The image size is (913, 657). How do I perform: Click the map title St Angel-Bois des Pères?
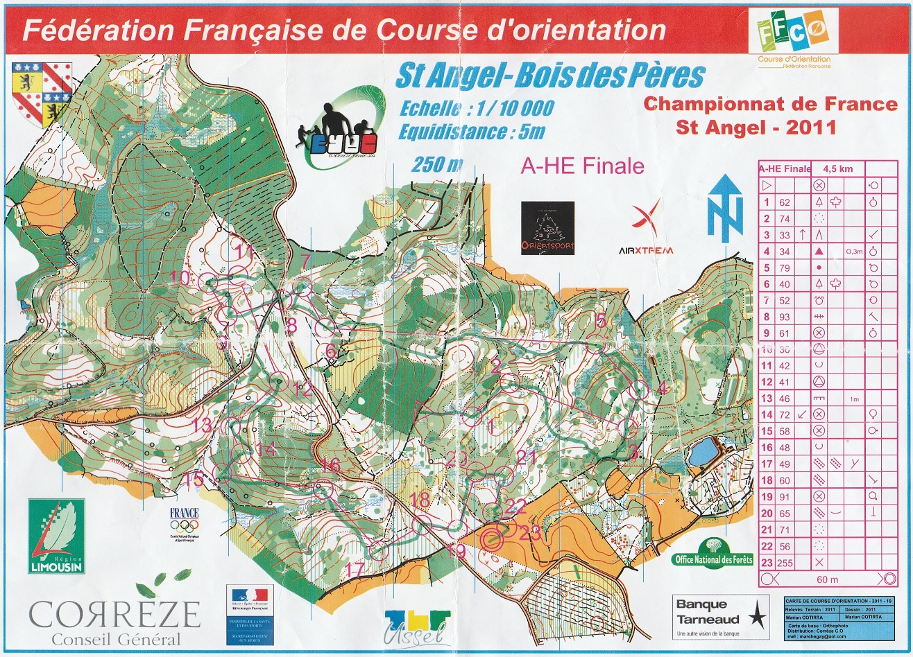coord(549,76)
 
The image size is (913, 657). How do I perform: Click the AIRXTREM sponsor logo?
coord(645,229)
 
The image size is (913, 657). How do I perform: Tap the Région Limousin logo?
coord(56,534)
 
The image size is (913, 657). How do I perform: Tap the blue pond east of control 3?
coord(703,452)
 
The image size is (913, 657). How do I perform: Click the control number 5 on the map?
coord(601,319)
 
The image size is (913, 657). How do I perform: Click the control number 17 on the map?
coord(354,570)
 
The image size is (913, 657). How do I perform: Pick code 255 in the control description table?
coord(785,563)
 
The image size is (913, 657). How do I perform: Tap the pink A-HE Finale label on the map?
coord(582,166)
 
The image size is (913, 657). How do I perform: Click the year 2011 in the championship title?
coord(808,128)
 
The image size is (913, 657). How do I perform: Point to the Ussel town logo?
coord(417,627)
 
